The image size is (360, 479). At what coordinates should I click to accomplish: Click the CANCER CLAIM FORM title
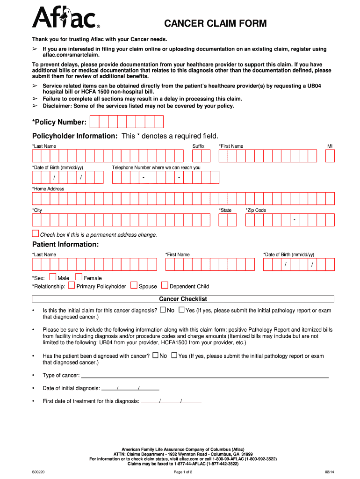(x=215, y=23)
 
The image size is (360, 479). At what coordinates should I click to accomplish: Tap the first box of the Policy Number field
(x=94, y=122)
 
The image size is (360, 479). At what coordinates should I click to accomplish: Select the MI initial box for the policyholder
(x=330, y=156)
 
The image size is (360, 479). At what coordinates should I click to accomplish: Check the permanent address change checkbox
(x=36, y=233)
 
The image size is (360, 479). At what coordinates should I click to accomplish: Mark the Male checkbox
(x=52, y=277)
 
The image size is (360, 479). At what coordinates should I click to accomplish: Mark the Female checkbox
(x=79, y=277)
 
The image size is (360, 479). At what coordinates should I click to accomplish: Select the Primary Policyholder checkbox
(x=72, y=285)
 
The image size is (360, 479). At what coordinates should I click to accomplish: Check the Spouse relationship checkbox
(x=134, y=285)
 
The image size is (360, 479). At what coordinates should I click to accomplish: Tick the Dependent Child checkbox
(x=165, y=285)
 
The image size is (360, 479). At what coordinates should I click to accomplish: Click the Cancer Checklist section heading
(x=183, y=299)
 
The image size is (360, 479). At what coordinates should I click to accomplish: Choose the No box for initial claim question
(x=163, y=310)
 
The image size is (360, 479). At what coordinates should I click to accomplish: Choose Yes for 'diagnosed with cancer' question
(x=174, y=356)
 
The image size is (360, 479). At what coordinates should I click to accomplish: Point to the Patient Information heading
(x=65, y=245)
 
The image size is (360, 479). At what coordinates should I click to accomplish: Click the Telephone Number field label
(x=156, y=167)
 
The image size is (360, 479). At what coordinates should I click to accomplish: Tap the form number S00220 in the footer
(x=38, y=472)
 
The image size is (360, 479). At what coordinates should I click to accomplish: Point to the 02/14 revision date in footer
(x=330, y=472)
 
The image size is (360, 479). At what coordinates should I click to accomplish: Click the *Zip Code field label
(x=256, y=210)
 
